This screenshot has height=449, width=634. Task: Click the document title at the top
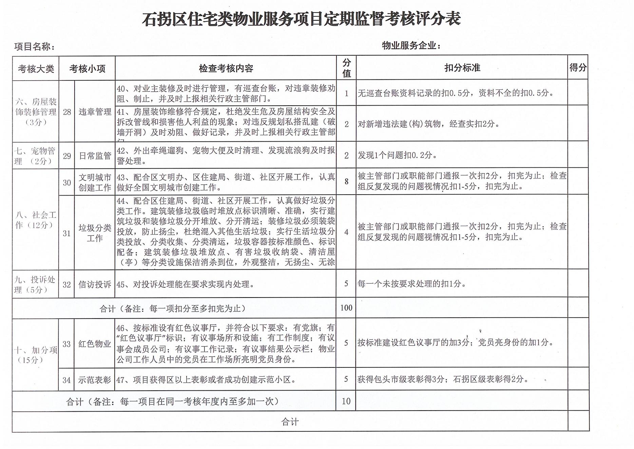301,19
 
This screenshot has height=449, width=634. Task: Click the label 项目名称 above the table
34,47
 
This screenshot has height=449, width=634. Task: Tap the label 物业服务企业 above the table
411,46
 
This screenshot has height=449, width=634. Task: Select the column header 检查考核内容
226,69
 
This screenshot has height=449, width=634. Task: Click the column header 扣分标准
462,68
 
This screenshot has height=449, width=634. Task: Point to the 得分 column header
578,68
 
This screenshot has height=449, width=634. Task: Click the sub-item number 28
67,112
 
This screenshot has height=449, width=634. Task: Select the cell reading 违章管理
95,112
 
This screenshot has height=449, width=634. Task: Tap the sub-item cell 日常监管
95,156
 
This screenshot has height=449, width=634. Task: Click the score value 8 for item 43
346,181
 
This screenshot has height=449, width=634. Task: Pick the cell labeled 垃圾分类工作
95,233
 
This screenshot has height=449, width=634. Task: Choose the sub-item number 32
66,284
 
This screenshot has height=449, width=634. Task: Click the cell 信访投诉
95,284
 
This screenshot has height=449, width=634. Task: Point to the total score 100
346,308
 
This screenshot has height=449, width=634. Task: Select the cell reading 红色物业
95,344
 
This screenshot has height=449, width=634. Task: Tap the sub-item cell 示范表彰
95,380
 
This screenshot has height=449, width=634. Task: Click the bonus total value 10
346,401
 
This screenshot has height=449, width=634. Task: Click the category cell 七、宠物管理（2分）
35,156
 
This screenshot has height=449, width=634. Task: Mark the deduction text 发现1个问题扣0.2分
397,155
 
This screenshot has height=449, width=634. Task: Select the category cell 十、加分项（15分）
35,355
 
